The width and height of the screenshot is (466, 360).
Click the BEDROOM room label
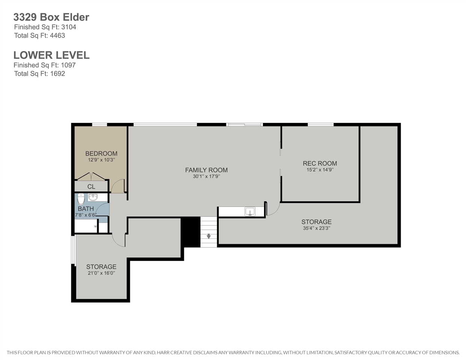(101, 153)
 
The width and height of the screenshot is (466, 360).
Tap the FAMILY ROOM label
(206, 170)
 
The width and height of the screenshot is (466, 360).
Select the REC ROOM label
(320, 163)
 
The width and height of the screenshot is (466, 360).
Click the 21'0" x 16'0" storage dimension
(101, 273)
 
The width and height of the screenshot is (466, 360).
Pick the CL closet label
(91, 187)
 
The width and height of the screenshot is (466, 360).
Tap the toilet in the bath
(81, 199)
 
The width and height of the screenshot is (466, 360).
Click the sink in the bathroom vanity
(93, 197)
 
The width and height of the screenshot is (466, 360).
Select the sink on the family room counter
(250, 211)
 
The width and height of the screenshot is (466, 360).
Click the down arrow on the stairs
(209, 236)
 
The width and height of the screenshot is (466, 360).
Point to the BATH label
(86, 208)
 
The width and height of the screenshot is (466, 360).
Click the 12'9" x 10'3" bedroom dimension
(101, 160)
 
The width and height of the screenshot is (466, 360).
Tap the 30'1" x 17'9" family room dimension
(206, 176)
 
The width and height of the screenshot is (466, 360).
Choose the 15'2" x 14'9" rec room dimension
(320, 170)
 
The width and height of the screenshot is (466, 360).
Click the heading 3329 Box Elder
(51, 17)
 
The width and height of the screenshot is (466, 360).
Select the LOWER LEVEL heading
(51, 55)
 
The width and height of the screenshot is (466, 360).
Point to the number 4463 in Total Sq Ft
(57, 35)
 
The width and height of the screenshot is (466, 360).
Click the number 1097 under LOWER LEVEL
(68, 65)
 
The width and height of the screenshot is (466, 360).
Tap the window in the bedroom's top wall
(99, 124)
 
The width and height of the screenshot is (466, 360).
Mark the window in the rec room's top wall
(320, 124)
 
